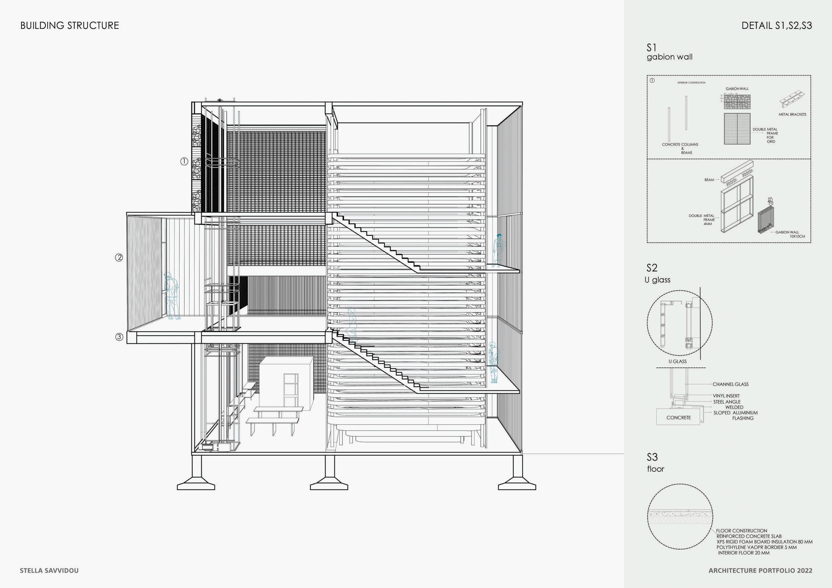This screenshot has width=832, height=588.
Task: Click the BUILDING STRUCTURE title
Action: pyautogui.click(x=69, y=25)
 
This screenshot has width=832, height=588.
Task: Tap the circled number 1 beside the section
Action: pyautogui.click(x=184, y=162)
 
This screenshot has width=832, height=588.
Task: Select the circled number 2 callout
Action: pyautogui.click(x=119, y=257)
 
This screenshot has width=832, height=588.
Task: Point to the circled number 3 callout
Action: pyautogui.click(x=119, y=337)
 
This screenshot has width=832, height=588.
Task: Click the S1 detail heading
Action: pyautogui.click(x=652, y=48)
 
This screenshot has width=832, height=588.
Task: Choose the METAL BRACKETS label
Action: pyautogui.click(x=792, y=115)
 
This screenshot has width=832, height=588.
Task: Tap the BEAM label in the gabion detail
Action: pyautogui.click(x=709, y=180)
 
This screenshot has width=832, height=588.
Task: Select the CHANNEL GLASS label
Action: pyautogui.click(x=730, y=385)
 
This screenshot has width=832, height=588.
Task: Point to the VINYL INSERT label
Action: pyautogui.click(x=726, y=396)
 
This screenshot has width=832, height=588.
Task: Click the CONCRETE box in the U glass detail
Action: pyautogui.click(x=678, y=418)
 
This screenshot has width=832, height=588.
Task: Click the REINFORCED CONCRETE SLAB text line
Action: pyautogui.click(x=748, y=536)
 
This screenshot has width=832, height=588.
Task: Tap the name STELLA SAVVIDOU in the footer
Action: pyautogui.click(x=49, y=571)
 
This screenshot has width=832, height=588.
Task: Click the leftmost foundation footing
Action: pyautogui.click(x=196, y=483)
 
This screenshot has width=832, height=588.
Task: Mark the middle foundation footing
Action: pyautogui.click(x=329, y=483)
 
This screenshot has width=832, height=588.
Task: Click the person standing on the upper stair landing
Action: pyautogui.click(x=499, y=250)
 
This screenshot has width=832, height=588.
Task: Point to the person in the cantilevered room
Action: pyautogui.click(x=172, y=296)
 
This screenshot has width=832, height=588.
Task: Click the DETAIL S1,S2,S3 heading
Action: pyautogui.click(x=777, y=25)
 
